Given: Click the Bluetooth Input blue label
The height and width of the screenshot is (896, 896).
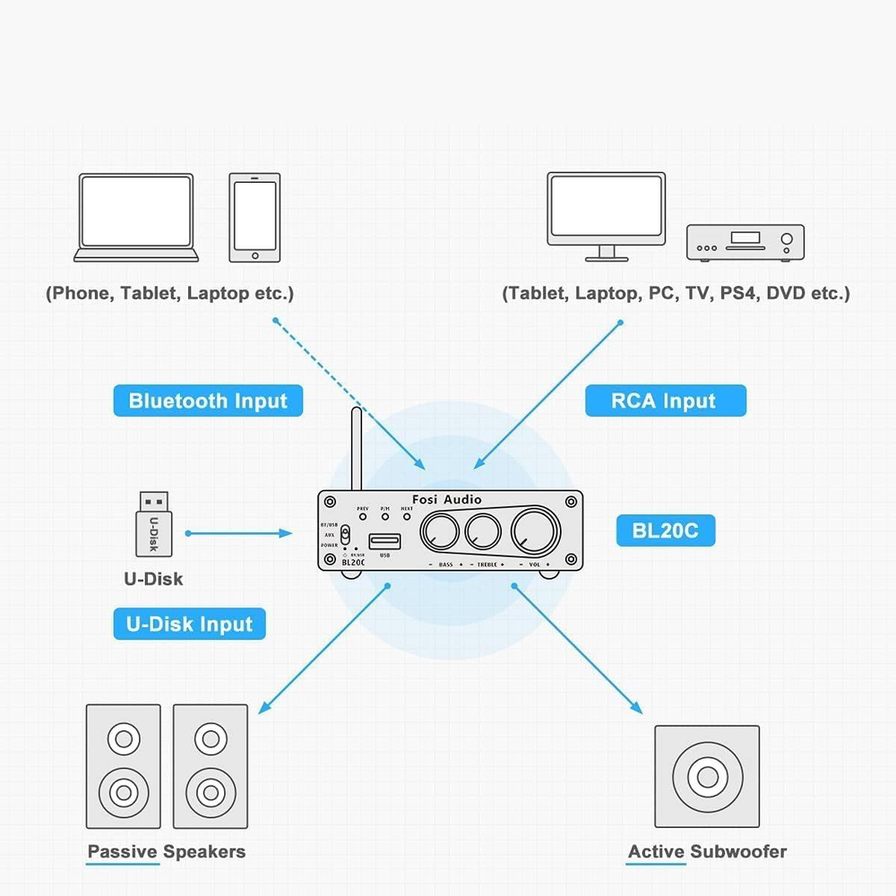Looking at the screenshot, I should point(208,401).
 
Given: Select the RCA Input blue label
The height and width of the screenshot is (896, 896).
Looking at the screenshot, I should point(665,401).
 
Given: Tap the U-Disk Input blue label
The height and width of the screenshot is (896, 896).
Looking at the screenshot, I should point(189,624).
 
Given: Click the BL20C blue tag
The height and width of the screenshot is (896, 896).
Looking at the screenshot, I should point(665,530).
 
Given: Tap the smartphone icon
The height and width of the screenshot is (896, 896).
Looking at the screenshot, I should point(254,218).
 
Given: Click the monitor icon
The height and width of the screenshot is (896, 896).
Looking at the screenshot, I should point(607,216).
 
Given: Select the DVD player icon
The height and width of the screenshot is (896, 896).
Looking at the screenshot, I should point(745,243).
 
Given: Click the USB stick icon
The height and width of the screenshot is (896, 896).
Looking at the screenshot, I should point(155,524).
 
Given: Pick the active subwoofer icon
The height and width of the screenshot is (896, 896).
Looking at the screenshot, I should point(707,776).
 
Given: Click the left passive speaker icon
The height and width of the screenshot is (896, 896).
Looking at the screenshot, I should point(123,766).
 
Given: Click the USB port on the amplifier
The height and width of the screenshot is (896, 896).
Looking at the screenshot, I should point(385,539).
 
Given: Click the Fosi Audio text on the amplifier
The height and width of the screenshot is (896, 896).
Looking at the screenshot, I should point(448,499).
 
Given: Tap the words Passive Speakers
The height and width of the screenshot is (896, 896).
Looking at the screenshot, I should point(167,851).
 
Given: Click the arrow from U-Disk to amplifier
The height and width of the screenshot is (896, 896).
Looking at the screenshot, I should point(239,533).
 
